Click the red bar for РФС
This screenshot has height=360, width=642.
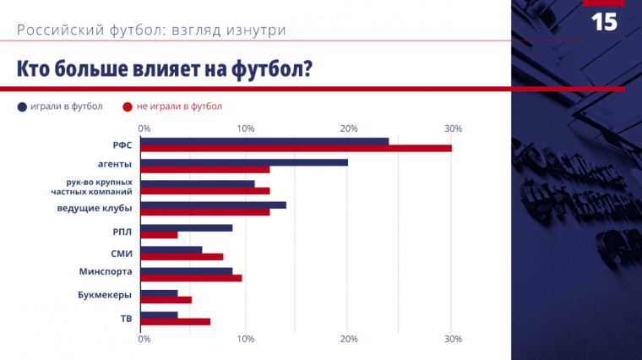[x=296, y=149]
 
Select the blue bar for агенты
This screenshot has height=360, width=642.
[x=244, y=162]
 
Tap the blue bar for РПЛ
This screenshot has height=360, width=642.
[x=186, y=227]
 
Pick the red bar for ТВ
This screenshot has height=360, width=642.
[x=175, y=322]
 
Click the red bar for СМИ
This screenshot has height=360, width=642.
[x=182, y=257]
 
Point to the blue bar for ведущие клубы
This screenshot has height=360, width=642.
[x=213, y=205]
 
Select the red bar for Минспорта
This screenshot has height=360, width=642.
[x=191, y=278]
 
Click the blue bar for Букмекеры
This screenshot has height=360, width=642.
[x=159, y=293]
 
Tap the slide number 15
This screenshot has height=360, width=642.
[x=604, y=23]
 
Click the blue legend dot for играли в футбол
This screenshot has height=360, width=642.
[x=21, y=106]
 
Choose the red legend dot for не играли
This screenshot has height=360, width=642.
[x=128, y=106]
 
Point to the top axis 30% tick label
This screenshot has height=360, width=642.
[x=453, y=128]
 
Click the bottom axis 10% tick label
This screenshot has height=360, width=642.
[x=246, y=340]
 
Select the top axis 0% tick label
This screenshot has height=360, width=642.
[x=144, y=128]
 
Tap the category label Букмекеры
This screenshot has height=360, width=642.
[x=105, y=296]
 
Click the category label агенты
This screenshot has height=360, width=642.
[x=114, y=164]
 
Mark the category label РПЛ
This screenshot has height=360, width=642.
[x=122, y=231]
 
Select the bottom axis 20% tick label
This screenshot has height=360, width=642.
[x=348, y=340]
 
